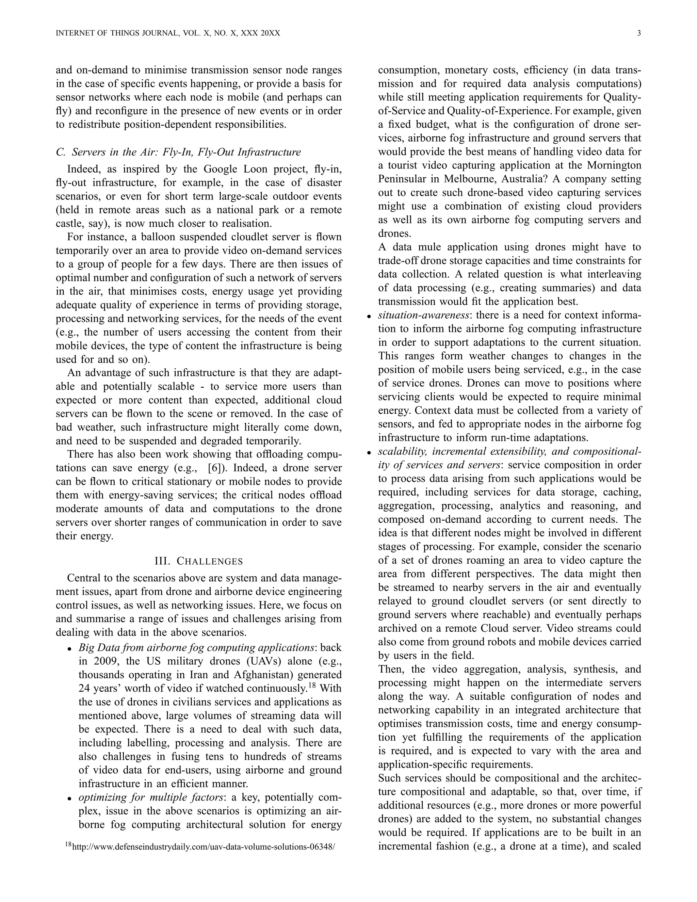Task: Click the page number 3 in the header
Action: (x=639, y=33)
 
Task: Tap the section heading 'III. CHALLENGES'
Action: (x=199, y=561)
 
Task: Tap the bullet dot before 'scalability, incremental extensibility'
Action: (x=369, y=453)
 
